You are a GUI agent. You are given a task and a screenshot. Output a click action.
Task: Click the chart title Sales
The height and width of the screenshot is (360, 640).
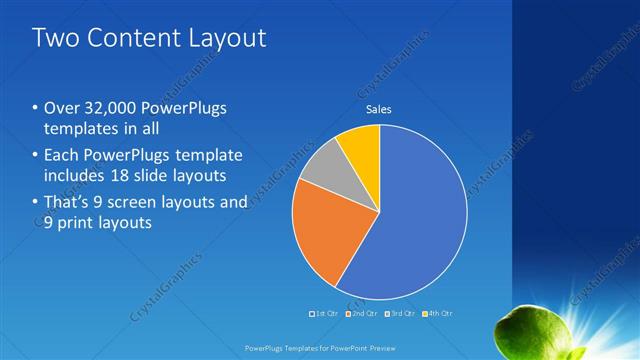tap(378, 109)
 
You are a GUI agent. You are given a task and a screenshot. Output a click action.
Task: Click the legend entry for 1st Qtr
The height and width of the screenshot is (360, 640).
tap(325, 313)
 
